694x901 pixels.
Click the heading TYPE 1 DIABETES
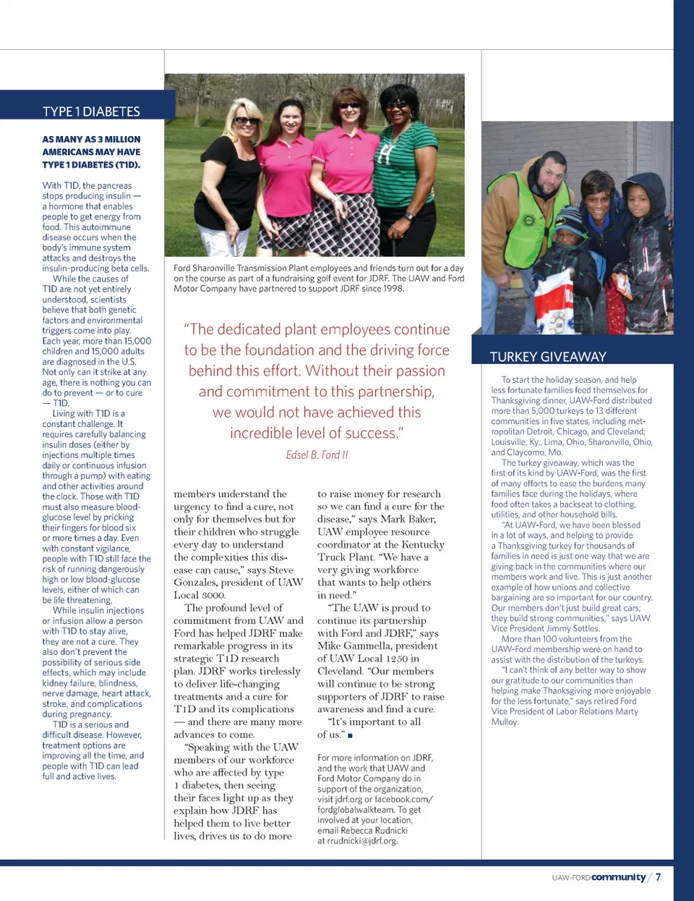[x=91, y=111]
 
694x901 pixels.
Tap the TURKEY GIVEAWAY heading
[x=547, y=357]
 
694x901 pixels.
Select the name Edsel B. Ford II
[x=317, y=454]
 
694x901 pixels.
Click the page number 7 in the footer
[x=658, y=877]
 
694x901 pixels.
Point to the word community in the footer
[x=618, y=877]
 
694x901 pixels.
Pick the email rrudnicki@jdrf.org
[x=357, y=841]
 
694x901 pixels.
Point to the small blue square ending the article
[x=350, y=735]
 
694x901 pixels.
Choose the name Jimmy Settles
[x=572, y=629]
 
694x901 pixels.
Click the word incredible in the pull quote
[x=265, y=433]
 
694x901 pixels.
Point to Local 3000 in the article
[x=200, y=595]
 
